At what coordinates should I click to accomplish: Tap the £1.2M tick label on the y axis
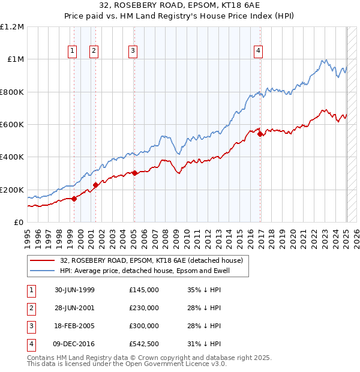(x=12, y=27)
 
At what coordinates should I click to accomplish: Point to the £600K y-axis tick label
(x=12, y=125)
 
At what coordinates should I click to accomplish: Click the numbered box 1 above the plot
(x=72, y=51)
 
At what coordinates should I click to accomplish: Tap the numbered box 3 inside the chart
(x=132, y=51)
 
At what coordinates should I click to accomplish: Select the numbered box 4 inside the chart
(x=258, y=51)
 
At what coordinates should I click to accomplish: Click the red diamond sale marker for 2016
(x=260, y=134)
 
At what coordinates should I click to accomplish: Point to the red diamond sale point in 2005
(x=134, y=173)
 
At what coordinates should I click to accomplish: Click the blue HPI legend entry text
(x=153, y=271)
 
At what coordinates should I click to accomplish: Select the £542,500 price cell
(x=144, y=344)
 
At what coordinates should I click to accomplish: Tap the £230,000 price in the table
(x=144, y=308)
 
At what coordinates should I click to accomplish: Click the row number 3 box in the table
(x=29, y=326)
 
